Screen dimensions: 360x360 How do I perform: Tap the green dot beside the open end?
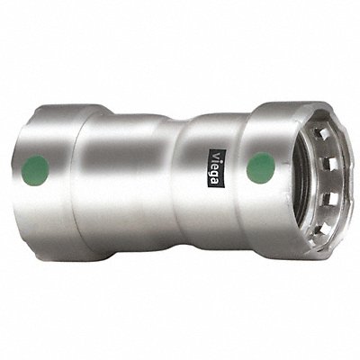tap(261, 167)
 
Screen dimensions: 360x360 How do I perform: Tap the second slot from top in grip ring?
tap(329, 162)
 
